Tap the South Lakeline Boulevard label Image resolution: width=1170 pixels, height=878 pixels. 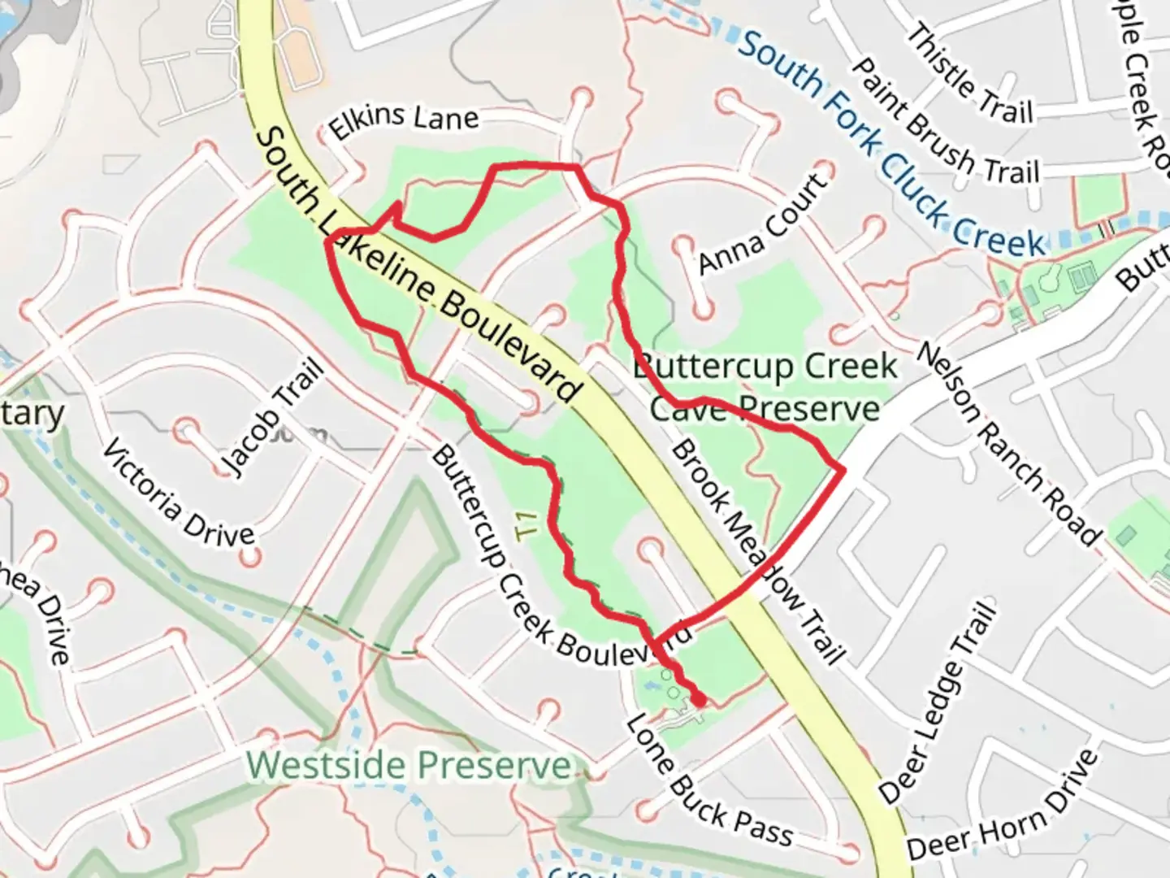coord(418,264)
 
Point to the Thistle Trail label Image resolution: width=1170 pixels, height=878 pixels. coord(969,74)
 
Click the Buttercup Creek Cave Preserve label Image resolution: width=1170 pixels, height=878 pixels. coord(765,387)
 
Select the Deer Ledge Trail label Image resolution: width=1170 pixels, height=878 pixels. coord(938,702)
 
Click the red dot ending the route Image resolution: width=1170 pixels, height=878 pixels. coord(698,699)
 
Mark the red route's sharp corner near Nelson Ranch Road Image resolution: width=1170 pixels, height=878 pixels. coord(843,469)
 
